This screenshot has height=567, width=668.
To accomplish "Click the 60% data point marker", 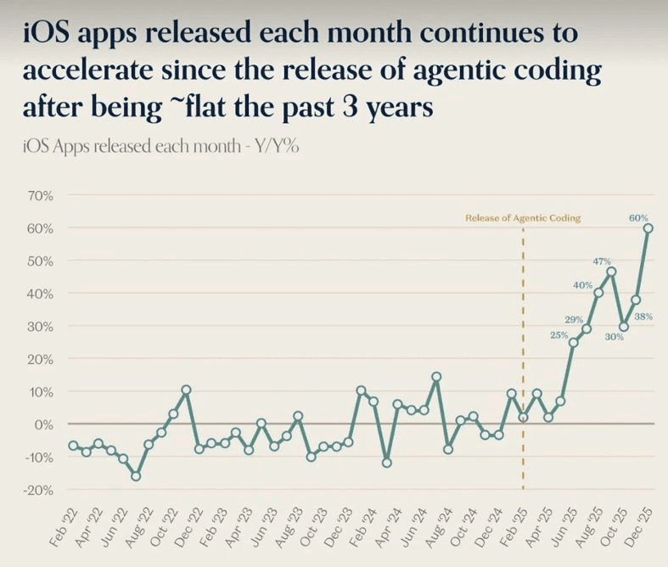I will pyautogui.click(x=648, y=227).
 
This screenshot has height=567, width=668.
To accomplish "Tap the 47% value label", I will pyautogui.click(x=603, y=261).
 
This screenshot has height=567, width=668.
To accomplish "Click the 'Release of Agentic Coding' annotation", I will pyautogui.click(x=523, y=218).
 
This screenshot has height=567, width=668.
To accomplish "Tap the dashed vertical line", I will pyautogui.click(x=523, y=356).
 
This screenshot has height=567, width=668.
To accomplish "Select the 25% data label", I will pyautogui.click(x=559, y=334).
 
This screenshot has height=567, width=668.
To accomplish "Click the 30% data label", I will pyautogui.click(x=615, y=337).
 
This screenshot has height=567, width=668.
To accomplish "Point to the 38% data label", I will pyautogui.click(x=643, y=316).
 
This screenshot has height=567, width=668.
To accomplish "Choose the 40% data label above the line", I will pyautogui.click(x=582, y=285).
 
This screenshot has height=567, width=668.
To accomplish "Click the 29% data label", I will pyautogui.click(x=574, y=319).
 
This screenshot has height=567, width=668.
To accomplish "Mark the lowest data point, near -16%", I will pyautogui.click(x=136, y=476).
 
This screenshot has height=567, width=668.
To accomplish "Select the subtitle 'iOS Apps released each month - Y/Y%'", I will pyautogui.click(x=161, y=145).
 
